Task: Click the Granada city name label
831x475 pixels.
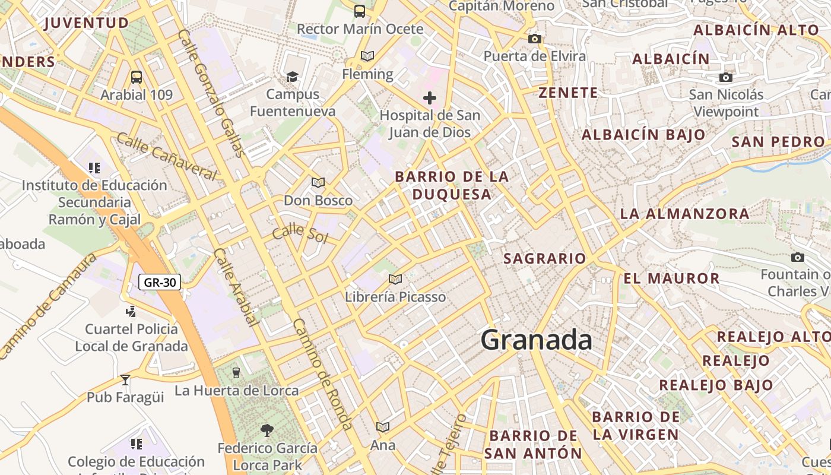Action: pos(536,340)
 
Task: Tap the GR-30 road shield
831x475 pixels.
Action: pos(159,282)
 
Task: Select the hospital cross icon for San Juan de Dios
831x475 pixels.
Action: pos(430,98)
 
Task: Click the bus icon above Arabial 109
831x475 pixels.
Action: pos(137,77)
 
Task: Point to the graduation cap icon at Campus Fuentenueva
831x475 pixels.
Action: pos(292,77)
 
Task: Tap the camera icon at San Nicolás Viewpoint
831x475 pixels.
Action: pos(725,77)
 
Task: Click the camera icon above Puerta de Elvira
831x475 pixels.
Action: pos(535,39)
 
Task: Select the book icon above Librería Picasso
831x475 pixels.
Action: pos(395,279)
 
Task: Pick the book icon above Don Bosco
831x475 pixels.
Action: pos(318,183)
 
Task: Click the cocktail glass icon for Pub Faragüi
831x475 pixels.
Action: pos(125,379)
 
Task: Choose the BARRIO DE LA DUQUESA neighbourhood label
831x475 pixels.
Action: pos(452,185)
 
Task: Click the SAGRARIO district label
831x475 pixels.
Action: pos(544,258)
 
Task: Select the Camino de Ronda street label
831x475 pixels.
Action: pos(322,374)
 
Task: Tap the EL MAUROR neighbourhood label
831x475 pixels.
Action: pos(671,278)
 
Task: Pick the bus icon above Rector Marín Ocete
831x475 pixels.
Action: pos(360,11)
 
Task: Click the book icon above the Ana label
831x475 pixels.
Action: pos(383,427)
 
